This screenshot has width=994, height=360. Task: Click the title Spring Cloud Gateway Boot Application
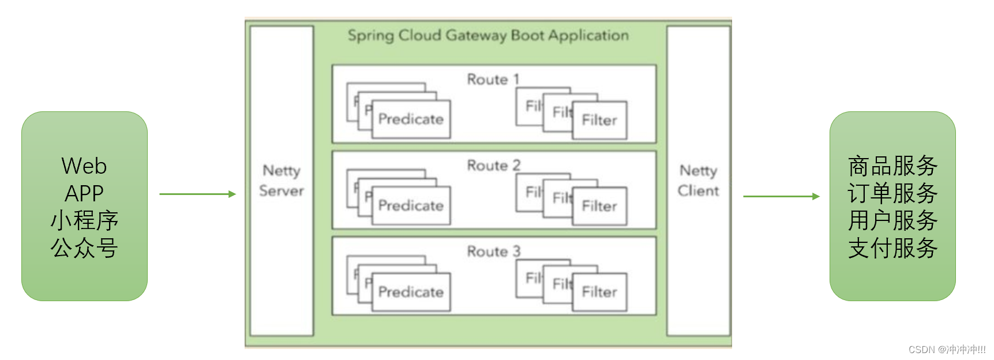point(488,36)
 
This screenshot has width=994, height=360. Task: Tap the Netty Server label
point(282,181)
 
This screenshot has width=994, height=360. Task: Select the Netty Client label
point(698,181)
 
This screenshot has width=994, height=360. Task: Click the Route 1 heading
point(493,79)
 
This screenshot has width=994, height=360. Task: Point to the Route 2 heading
point(493,166)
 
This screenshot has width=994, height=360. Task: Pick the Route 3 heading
point(493,252)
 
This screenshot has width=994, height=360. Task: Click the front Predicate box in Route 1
point(411,119)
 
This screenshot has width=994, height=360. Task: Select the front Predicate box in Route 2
point(411,206)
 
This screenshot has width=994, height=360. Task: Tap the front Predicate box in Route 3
point(411,292)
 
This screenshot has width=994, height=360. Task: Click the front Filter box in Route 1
point(599,120)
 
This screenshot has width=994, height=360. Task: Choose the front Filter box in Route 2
point(599,206)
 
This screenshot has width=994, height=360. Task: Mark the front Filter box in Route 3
point(599,292)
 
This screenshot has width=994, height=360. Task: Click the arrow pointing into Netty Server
point(197,194)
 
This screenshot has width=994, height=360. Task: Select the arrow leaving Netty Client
point(781,196)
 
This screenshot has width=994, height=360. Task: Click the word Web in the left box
point(84,166)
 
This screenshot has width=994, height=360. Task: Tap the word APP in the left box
point(84,193)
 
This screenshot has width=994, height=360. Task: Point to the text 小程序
point(84,220)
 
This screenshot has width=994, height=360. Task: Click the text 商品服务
point(892,166)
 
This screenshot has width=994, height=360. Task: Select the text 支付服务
point(892,248)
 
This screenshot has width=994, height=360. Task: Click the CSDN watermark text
point(947,350)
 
